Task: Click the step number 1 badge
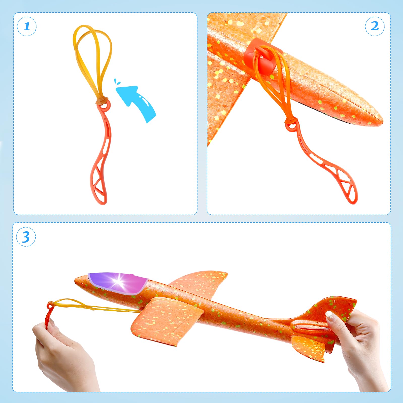[27, 26]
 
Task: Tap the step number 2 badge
[375, 26]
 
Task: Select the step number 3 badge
[26, 237]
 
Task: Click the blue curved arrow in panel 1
[137, 102]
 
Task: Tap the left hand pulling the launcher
[63, 353]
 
